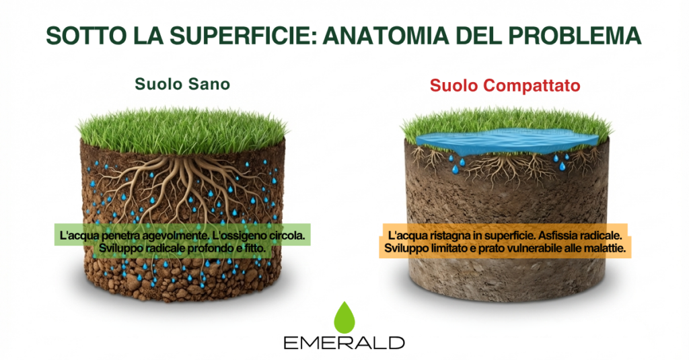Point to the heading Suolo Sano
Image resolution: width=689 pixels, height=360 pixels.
point(182,84)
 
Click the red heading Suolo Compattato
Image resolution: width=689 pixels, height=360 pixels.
point(505,85)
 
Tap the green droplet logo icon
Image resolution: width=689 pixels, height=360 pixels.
point(344,318)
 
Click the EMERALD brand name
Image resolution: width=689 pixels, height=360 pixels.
point(344,343)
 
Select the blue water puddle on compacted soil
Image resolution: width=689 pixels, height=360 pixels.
point(506,141)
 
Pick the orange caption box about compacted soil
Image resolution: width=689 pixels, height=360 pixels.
point(505,241)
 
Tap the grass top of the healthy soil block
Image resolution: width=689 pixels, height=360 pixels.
point(182,131)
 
